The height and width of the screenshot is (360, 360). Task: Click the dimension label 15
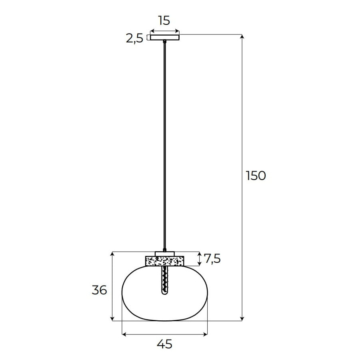164,20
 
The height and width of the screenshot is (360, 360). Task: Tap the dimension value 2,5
134,38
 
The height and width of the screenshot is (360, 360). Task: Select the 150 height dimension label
256,176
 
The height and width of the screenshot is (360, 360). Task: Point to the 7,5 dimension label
212,258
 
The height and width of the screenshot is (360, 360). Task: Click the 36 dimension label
100,290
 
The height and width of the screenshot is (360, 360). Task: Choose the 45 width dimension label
164,344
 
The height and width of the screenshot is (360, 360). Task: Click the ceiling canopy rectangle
165,37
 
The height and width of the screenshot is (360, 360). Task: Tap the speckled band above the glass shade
165,261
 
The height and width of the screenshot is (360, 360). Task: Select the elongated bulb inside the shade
165,280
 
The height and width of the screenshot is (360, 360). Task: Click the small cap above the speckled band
165,254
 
